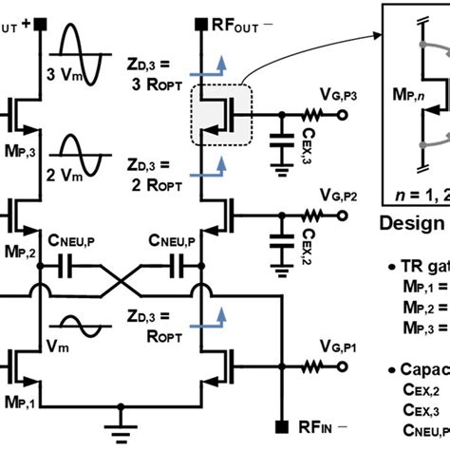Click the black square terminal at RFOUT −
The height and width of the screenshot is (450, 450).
pos(200,21)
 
